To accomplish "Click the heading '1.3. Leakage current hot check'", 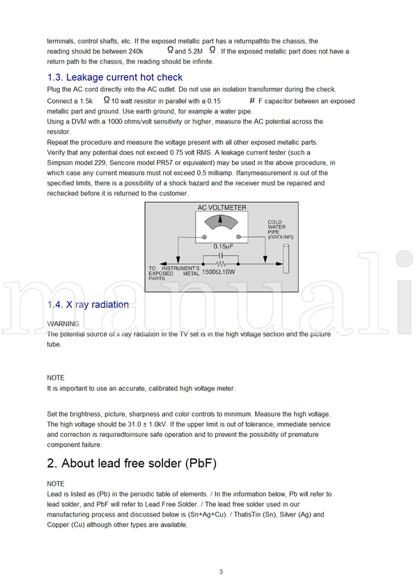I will (x=115, y=77).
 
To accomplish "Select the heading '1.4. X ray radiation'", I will (x=88, y=304).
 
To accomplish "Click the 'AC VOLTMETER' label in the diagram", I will (x=222, y=208).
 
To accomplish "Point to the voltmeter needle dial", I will (x=222, y=222).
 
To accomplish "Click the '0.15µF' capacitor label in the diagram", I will (x=223, y=246).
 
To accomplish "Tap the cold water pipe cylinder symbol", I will (x=286, y=258).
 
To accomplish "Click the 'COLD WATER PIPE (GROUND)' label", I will (x=280, y=229).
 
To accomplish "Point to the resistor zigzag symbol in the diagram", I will (x=222, y=264).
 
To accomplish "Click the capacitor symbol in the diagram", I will (x=222, y=255).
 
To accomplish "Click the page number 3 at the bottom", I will (x=221, y=572).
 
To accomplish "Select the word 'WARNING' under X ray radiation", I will (x=63, y=324).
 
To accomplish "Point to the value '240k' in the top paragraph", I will (x=135, y=52).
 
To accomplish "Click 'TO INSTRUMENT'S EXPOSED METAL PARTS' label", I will (x=174, y=271).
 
